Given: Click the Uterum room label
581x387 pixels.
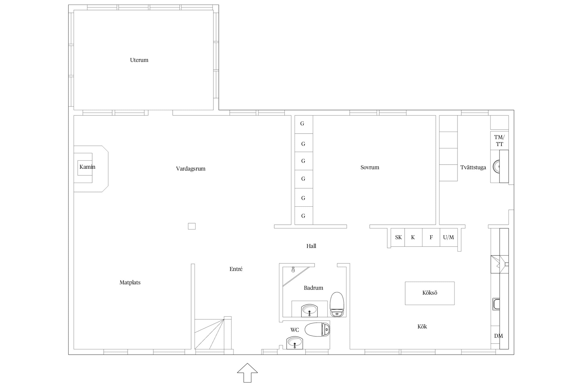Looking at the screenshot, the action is click(x=139, y=60).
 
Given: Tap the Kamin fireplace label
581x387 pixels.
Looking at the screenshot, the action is click(x=87, y=167).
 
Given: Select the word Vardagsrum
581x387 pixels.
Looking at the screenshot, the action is click(x=191, y=169).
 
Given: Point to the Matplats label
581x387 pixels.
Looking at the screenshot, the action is click(x=130, y=283).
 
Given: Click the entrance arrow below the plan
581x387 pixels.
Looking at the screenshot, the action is click(x=247, y=373).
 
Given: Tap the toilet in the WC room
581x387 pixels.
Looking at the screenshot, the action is click(x=317, y=329).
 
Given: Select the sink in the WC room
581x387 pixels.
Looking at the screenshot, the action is click(x=295, y=343).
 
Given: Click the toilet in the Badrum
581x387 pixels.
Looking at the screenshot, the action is click(x=337, y=304).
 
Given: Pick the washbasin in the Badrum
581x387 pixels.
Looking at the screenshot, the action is click(x=309, y=311).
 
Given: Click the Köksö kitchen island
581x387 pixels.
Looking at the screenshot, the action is click(x=430, y=293).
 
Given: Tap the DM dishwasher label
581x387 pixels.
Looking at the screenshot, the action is click(x=498, y=336).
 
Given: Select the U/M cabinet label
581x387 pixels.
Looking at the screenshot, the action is click(x=448, y=237).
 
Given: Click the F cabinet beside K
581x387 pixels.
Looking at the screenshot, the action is click(x=431, y=237).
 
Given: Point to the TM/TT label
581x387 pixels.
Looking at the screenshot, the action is click(x=499, y=141).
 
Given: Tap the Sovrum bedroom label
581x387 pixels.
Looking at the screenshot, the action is click(x=370, y=167).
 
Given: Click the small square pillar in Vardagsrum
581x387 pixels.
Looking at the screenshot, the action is click(x=192, y=226).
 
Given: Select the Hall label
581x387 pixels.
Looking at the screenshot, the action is click(x=311, y=246).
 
